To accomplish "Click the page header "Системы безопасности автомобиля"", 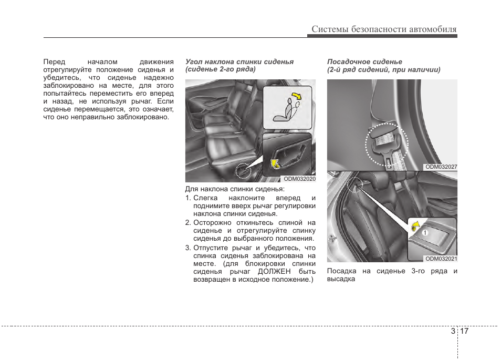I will [x=383, y=29].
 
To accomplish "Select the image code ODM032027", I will [x=441, y=167].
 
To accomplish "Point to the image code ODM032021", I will [x=441, y=259].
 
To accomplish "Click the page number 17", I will [x=464, y=332].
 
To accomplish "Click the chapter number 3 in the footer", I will [x=453, y=332].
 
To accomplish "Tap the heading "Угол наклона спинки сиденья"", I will [x=239, y=61].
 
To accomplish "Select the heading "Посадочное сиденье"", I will [x=364, y=61].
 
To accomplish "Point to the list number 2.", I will [x=188, y=222].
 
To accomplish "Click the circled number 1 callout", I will [x=425, y=232].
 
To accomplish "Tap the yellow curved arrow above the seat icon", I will [x=297, y=96].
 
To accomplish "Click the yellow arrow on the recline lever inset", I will [x=274, y=164].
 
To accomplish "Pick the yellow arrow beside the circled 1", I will [x=414, y=227].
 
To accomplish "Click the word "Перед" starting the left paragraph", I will [x=54, y=61].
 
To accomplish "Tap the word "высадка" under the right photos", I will [x=341, y=279].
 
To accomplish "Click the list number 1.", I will [x=188, y=198].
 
